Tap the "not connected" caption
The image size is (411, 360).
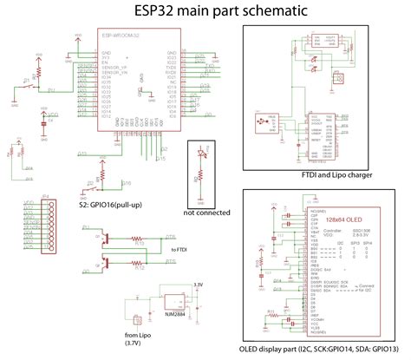pos(206,212)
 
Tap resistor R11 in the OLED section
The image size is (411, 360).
pos(271,310)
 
